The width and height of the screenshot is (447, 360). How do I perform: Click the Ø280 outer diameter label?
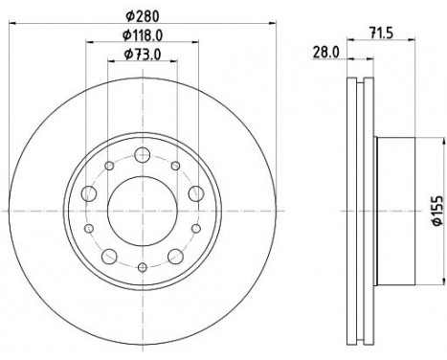point(143,16)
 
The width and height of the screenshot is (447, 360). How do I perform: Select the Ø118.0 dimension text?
point(143,35)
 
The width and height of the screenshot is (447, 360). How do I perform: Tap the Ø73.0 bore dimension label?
point(143,55)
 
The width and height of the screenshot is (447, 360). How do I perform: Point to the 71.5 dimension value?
point(381,33)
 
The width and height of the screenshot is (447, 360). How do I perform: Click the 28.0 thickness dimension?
point(325,52)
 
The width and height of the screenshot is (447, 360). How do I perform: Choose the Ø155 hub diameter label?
point(438,211)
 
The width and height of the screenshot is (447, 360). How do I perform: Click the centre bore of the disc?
point(143,211)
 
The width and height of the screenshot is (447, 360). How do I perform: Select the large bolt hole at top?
point(143,155)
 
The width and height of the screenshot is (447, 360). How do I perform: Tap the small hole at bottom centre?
point(143,267)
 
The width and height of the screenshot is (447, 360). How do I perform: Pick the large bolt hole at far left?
point(89,193)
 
